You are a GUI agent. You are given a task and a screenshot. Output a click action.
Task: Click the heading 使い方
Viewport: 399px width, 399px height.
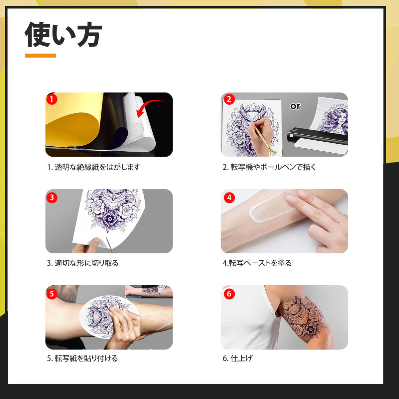tap(63, 35)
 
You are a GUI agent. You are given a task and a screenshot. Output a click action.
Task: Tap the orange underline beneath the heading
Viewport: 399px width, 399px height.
tap(40, 56)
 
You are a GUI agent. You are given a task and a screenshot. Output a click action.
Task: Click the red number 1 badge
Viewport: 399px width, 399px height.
tap(52, 99)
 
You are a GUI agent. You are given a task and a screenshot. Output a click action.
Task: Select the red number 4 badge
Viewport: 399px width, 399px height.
tap(229, 198)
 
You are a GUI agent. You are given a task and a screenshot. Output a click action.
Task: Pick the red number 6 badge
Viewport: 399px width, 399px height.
tap(229, 294)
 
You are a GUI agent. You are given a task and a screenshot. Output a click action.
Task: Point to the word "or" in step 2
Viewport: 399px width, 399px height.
tap(295, 106)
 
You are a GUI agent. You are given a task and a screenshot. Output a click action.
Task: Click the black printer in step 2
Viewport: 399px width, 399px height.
tap(317, 137)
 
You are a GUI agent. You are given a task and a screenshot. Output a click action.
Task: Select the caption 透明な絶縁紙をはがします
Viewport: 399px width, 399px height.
tap(97, 167)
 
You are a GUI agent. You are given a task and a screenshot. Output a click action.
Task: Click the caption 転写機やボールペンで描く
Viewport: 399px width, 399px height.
tap(273, 167)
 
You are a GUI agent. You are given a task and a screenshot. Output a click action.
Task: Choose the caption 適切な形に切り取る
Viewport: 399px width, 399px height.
tap(86, 263)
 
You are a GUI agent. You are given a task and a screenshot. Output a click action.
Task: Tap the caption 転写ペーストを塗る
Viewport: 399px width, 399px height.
tap(260, 263)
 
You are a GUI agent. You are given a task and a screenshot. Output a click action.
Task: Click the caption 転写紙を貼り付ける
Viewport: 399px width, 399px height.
tap(86, 358)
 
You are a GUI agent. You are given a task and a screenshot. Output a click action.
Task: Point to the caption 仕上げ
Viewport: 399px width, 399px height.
tap(241, 358)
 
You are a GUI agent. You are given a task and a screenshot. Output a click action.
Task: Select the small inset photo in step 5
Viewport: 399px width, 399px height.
tap(149, 292)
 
